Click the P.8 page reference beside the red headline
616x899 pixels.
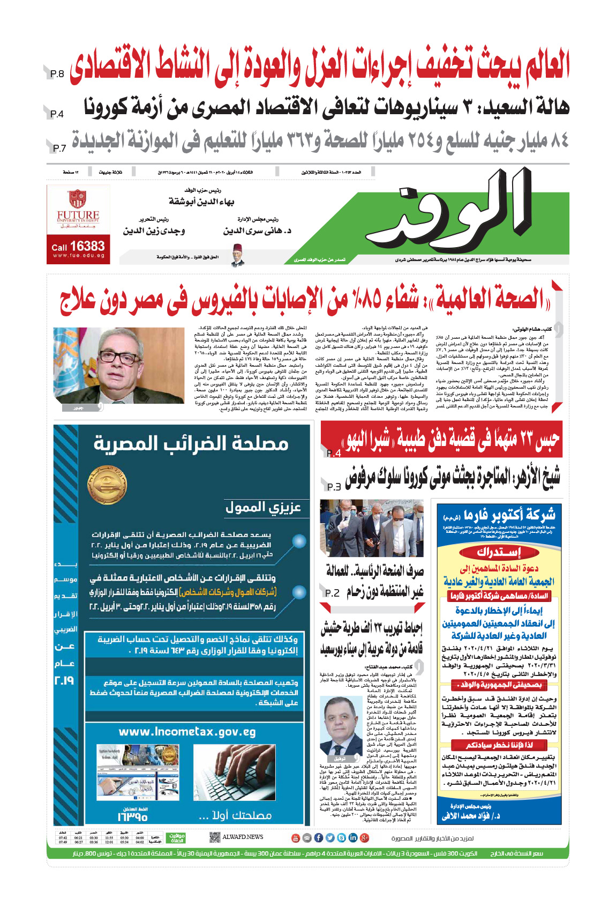[x=57, y=74]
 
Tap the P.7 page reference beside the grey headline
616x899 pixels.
[x=59, y=148]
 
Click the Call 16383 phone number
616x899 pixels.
[x=78, y=246]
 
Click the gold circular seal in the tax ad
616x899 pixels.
[x=107, y=486]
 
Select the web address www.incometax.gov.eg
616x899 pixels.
[x=187, y=732]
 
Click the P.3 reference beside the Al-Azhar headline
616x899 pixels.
[x=334, y=487]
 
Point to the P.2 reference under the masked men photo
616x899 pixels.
[x=332, y=593]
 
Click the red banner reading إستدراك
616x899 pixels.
[x=499, y=552]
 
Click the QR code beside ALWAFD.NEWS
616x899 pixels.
[x=214, y=837]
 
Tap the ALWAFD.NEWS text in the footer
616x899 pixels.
[x=243, y=837]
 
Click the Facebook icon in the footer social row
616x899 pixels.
[x=318, y=837]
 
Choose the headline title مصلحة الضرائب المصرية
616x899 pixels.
[x=191, y=443]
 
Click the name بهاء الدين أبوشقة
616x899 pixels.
[x=201, y=202]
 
